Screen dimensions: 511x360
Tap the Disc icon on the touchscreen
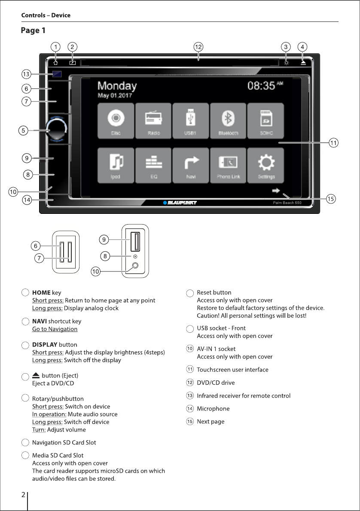(116, 121)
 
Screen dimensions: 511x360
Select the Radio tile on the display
(153, 121)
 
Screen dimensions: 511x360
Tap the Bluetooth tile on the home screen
(228, 121)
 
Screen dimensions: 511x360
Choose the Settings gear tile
(266, 165)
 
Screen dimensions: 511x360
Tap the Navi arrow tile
(191, 165)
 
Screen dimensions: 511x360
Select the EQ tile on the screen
(153, 165)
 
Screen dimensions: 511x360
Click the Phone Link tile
(228, 165)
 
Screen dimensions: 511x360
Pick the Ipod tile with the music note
(116, 165)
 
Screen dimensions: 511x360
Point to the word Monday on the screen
(117, 86)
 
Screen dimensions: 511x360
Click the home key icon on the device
(56, 62)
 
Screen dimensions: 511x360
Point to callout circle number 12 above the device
(198, 46)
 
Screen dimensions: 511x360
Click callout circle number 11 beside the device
(333, 143)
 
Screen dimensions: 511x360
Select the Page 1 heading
(33, 30)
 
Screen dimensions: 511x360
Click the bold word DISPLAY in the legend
(45, 344)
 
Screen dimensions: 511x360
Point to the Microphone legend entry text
(213, 408)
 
